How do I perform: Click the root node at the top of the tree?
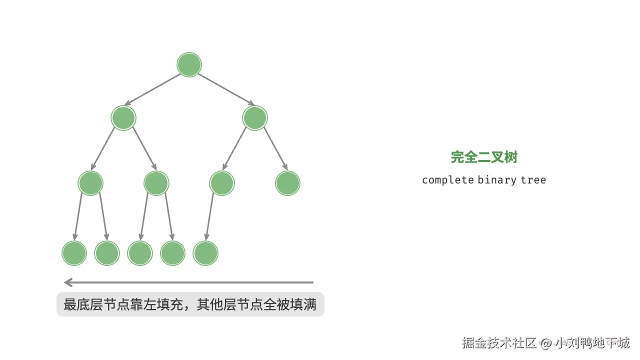point(189,65)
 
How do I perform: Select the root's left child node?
point(123,118)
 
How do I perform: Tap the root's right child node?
point(255,118)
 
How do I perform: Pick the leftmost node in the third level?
point(90,183)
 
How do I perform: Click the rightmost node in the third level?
point(287,183)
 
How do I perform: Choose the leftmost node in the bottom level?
point(74,253)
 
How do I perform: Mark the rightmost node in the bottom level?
point(205,253)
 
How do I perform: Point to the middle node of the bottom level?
point(139,253)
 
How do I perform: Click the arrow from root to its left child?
point(152,89)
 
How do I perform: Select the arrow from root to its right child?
point(226,89)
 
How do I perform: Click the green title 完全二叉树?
point(484,157)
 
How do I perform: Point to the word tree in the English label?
point(533,180)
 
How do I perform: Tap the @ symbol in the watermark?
point(546,343)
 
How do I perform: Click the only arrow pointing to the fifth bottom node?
point(209,216)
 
